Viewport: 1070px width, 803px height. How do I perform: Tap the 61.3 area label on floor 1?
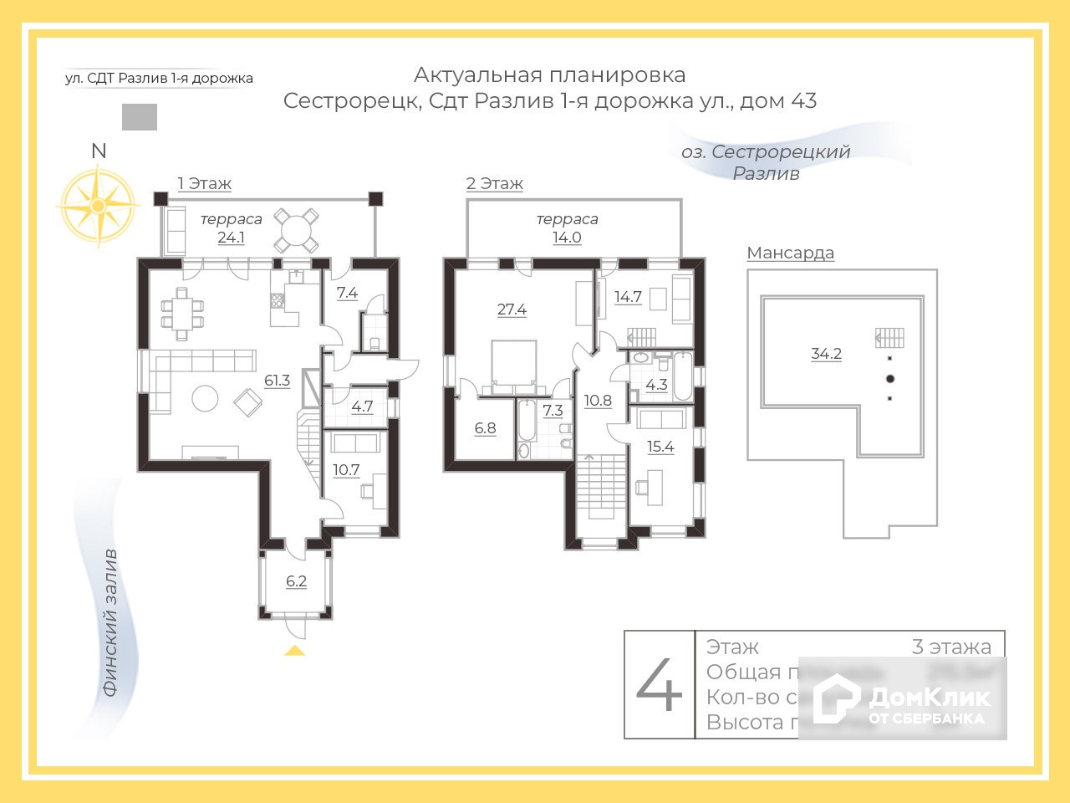277,381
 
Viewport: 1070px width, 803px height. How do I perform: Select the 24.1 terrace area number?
231,238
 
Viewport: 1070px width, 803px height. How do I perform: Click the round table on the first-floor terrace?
298,228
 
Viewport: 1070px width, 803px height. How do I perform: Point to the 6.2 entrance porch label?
296,581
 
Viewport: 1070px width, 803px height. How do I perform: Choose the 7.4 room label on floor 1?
347,293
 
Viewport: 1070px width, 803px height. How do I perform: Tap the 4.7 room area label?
362,407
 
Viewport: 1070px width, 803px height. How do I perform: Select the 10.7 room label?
346,470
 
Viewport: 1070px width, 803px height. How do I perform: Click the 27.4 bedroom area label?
512,309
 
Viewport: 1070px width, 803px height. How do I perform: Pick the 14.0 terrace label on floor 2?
567,238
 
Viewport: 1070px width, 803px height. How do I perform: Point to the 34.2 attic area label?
826,354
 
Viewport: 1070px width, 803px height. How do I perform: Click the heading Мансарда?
790,253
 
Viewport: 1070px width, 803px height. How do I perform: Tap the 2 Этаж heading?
495,183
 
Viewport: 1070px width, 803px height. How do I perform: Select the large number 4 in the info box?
660,684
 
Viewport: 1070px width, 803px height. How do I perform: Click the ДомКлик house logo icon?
837,698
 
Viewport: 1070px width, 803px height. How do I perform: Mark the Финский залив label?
110,623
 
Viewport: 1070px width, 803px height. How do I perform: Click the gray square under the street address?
140,117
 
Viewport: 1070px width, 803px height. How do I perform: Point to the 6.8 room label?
485,428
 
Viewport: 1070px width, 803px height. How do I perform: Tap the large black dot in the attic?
890,379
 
